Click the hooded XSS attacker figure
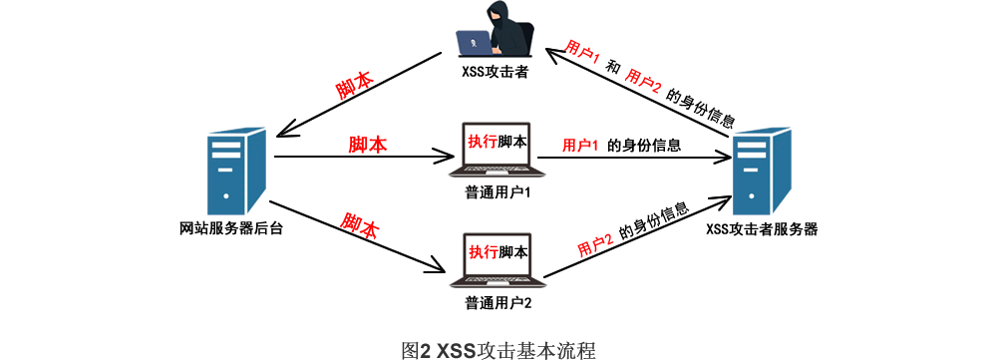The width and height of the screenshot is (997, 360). [x=496, y=31]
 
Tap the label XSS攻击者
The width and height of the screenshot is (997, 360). [x=496, y=71]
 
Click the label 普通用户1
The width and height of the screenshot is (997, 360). [x=498, y=192]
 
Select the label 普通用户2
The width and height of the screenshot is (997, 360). [x=498, y=302]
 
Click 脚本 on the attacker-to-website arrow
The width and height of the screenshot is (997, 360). [x=355, y=88]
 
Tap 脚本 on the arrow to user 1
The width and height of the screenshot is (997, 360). [x=368, y=144]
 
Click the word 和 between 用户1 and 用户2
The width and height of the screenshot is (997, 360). [x=613, y=68]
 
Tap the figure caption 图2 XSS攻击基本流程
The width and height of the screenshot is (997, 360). [x=498, y=349]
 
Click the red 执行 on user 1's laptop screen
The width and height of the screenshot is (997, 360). [x=482, y=141]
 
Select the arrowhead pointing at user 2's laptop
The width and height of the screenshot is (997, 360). [x=438, y=264]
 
